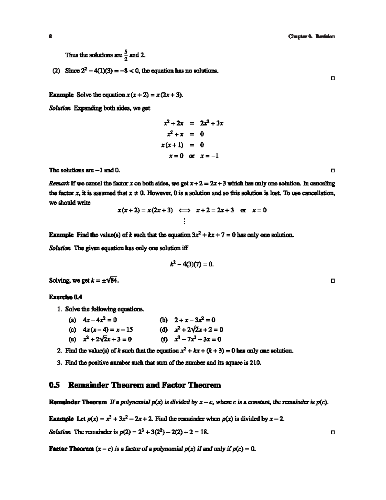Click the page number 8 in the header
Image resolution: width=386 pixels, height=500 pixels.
click(50, 36)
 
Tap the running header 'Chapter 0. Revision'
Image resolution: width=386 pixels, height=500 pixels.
click(311, 36)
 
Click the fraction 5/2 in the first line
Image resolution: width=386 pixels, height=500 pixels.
click(126, 55)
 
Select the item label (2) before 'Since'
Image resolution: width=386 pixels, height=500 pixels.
click(57, 71)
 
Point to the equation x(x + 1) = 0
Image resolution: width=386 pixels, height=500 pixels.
click(182, 145)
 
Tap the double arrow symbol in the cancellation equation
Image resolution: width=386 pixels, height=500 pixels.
click(184, 211)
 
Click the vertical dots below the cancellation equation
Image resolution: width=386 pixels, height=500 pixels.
click(184, 221)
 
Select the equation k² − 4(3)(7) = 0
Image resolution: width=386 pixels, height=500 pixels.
click(192, 264)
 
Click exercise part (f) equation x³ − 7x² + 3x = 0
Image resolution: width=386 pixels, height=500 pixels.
click(198, 339)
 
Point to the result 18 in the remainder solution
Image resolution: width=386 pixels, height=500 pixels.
click(204, 432)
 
